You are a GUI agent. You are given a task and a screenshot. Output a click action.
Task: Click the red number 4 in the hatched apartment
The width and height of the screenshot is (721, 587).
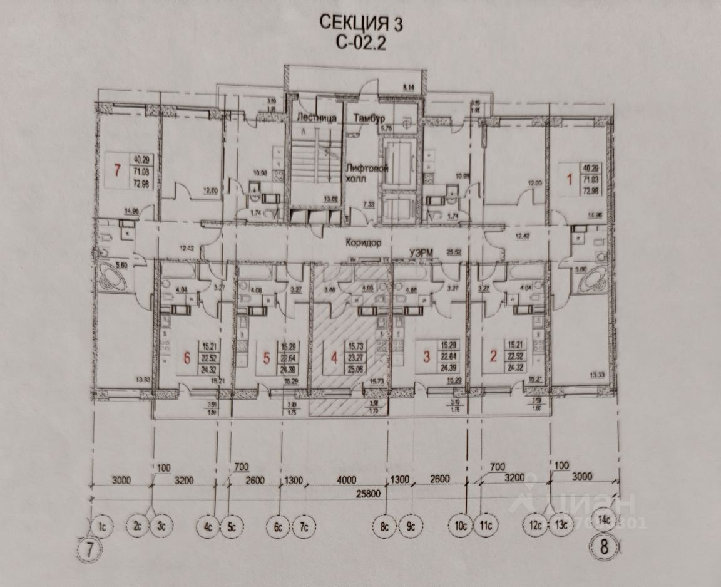coord(334,358)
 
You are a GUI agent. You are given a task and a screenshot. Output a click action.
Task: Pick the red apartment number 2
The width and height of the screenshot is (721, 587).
coord(493,358)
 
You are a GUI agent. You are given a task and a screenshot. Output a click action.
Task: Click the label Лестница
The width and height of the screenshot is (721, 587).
coord(316,118)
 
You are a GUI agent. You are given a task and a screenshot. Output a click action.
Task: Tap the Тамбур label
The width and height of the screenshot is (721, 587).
coord(368,118)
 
